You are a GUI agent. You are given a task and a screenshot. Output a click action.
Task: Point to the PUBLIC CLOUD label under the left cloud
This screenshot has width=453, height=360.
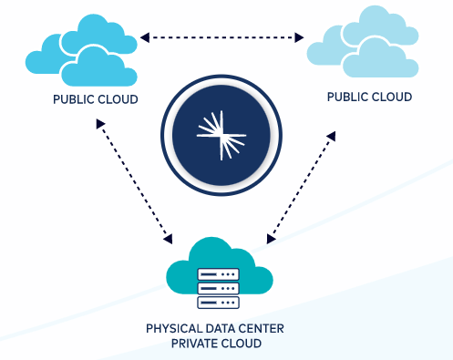96,98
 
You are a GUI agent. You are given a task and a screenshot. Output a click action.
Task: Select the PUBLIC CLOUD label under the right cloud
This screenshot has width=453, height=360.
370,97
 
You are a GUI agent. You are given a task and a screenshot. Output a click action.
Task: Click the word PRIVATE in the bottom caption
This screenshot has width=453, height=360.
195,344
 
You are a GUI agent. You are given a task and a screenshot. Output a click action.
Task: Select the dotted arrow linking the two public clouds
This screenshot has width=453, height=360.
222,37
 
